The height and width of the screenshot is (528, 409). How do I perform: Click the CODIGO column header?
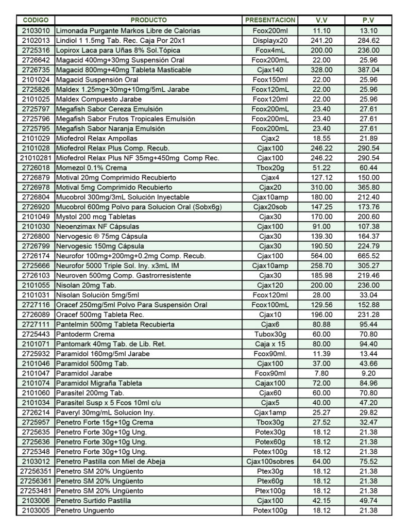pyautogui.click(x=35, y=20)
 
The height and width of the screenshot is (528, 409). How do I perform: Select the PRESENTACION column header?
pyautogui.click(x=270, y=20)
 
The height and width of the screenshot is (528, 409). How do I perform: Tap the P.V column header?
pyautogui.click(x=368, y=20)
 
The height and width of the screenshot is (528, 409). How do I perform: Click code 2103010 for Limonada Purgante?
pyautogui.click(x=36, y=30)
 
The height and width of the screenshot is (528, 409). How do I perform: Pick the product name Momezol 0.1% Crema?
pyautogui.click(x=91, y=168)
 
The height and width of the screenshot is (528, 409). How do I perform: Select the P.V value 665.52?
pyautogui.click(x=368, y=256)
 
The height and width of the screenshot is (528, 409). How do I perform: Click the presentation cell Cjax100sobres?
pyautogui.click(x=270, y=461)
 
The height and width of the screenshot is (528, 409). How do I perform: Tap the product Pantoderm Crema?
pyautogui.click(x=86, y=334)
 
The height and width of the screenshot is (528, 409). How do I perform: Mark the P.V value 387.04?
pyautogui.click(x=368, y=70)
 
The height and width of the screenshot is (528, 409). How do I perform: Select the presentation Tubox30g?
pyautogui.click(x=270, y=334)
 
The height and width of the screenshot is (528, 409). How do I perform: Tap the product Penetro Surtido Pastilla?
pyautogui.click(x=93, y=500)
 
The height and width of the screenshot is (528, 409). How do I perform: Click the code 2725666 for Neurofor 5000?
pyautogui.click(x=36, y=266)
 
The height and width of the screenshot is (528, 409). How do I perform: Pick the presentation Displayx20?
pyautogui.click(x=270, y=40)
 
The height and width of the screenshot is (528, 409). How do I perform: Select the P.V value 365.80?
pyautogui.click(x=368, y=187)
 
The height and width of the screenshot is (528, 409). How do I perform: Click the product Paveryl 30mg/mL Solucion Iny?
pyautogui.click(x=106, y=412)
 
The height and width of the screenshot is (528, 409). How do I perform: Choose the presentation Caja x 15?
pyautogui.click(x=270, y=344)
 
